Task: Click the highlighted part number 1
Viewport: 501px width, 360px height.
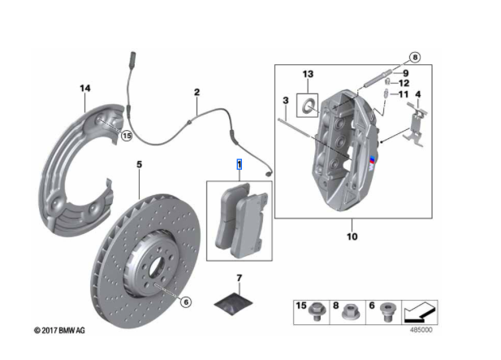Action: point(239,165)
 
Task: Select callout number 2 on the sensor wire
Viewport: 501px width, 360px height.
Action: point(197,93)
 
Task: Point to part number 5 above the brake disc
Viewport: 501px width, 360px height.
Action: point(139,165)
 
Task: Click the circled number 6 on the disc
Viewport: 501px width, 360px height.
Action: point(186,302)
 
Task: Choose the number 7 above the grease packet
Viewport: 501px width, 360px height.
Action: point(240,279)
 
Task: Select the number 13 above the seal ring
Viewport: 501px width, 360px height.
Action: point(307,75)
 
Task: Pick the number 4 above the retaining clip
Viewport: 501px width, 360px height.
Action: point(417,94)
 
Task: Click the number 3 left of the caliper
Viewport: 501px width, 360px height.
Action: point(286,101)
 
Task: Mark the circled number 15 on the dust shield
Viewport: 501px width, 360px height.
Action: point(126,137)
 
